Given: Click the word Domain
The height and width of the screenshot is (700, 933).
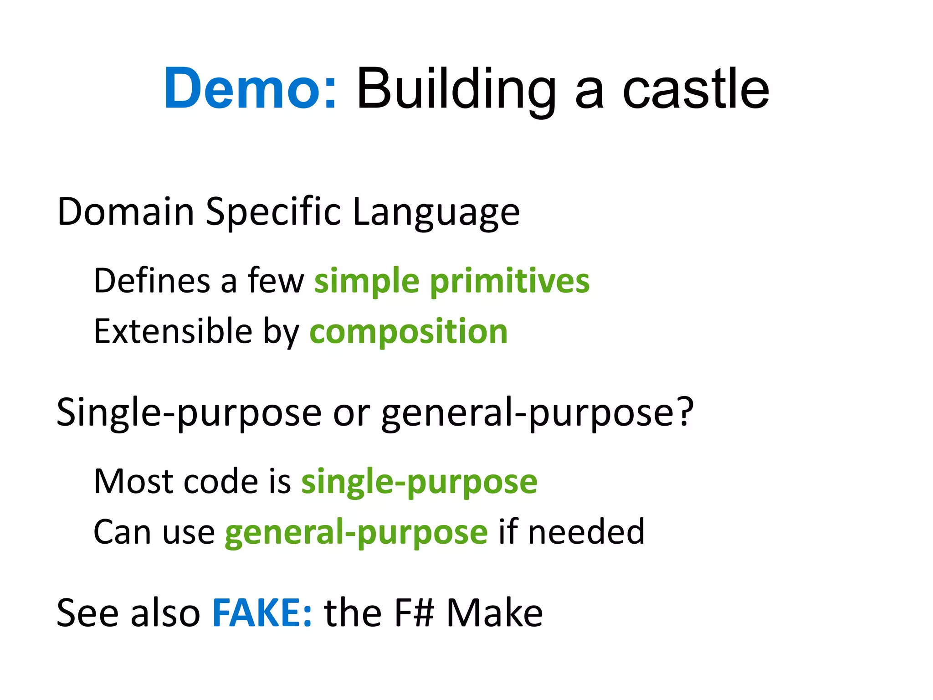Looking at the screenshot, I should [126, 211].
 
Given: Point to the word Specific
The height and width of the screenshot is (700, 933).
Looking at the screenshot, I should [273, 211].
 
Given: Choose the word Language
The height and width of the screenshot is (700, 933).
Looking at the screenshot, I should [436, 212].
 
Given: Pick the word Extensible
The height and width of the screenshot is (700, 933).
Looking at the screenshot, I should [173, 331].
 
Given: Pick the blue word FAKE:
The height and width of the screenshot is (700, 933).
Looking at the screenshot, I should [262, 612].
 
